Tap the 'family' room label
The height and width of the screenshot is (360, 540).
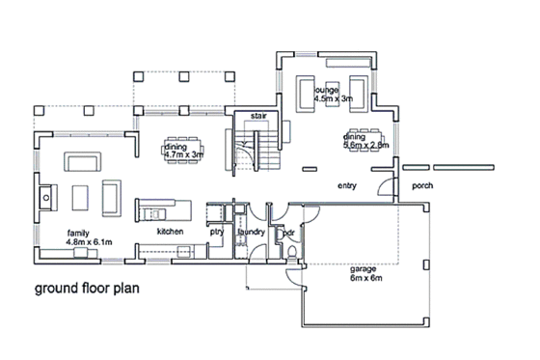coord(79,233)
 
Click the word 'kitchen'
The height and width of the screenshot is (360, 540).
coord(171,233)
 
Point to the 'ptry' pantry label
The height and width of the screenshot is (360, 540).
coord(217,233)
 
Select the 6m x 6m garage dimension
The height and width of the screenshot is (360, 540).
coord(365,279)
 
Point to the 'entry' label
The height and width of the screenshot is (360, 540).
coord(347,184)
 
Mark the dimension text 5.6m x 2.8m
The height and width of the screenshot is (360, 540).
coord(365,146)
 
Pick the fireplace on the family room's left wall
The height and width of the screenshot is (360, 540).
coord(44,199)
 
